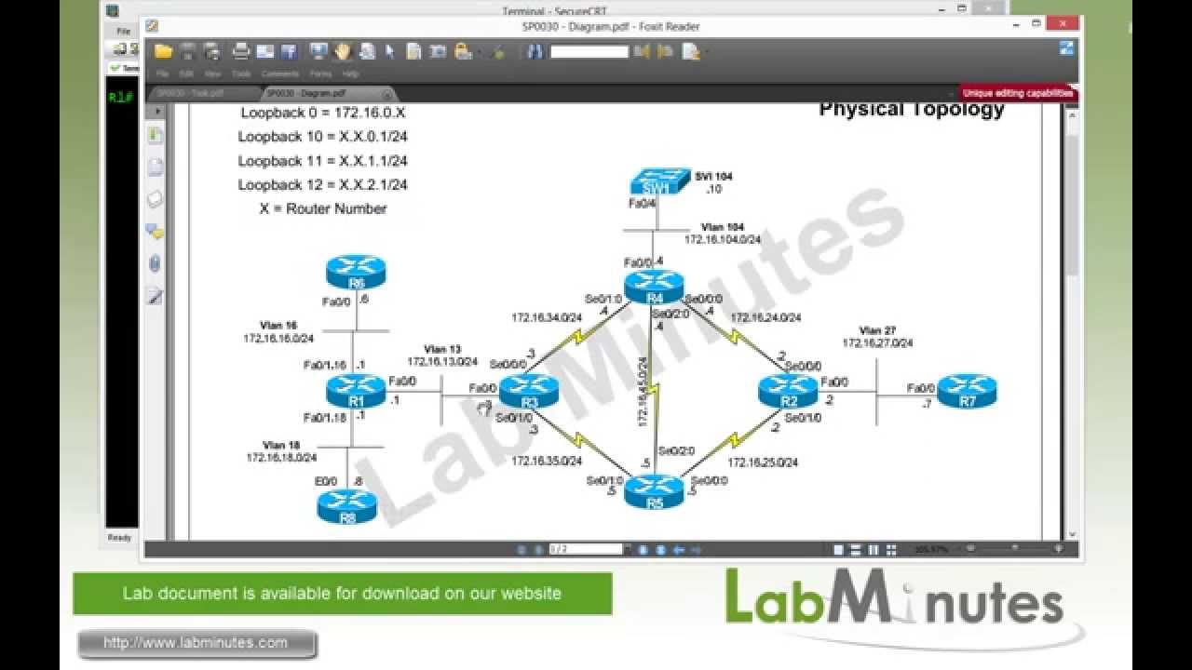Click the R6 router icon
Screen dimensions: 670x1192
pyautogui.click(x=356, y=275)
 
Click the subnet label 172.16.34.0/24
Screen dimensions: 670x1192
pyautogui.click(x=547, y=317)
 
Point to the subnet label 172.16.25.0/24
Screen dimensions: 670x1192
pyautogui.click(x=762, y=462)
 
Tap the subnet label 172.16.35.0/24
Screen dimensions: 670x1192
pyautogui.click(x=547, y=460)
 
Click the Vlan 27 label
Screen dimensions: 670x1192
pyautogui.click(x=877, y=330)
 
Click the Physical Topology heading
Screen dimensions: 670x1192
pyautogui.click(x=911, y=110)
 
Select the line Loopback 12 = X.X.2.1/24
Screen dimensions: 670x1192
pyautogui.click(x=322, y=184)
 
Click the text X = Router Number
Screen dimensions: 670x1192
pyautogui.click(x=322, y=208)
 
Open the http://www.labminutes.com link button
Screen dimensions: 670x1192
pyautogui.click(x=196, y=643)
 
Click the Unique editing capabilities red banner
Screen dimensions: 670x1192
pyautogui.click(x=1018, y=93)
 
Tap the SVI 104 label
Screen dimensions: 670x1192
pyautogui.click(x=714, y=176)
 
